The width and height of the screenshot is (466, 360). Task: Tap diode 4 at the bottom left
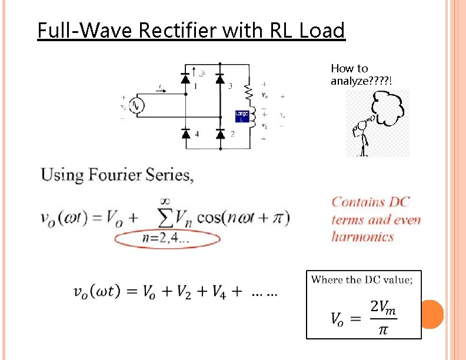tap(187, 134)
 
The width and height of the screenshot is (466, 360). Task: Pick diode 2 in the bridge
tap(220, 134)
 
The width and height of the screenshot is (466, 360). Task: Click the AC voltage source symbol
tap(138, 105)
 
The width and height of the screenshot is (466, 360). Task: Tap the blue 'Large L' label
tap(242, 116)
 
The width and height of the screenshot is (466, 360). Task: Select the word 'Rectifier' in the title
tap(175, 30)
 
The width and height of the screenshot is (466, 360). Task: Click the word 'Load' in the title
tap(322, 30)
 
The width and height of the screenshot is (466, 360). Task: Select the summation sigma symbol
tap(170, 218)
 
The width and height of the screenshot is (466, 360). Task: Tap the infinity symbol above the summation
tap(171, 201)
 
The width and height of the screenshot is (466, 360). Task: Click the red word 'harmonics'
tap(362, 236)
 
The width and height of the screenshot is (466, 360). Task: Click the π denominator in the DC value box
tap(383, 329)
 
